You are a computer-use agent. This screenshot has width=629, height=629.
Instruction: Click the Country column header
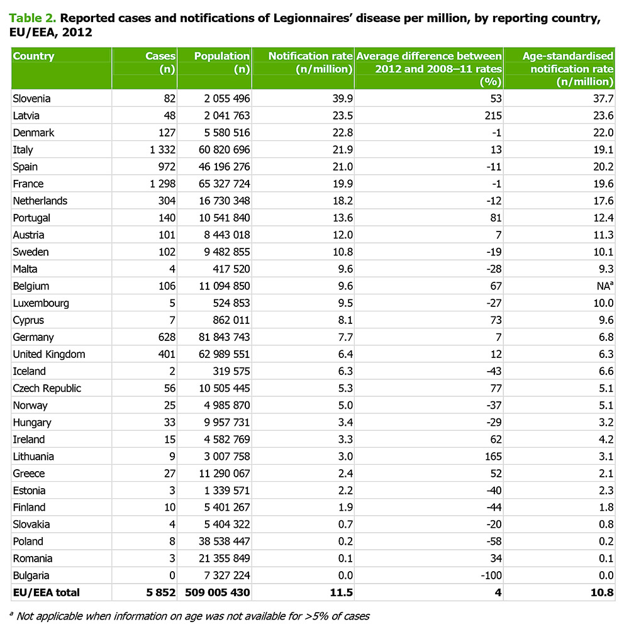coord(34,57)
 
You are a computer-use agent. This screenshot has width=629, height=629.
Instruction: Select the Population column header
coord(222,57)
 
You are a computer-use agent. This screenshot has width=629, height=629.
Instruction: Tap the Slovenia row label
coord(31,99)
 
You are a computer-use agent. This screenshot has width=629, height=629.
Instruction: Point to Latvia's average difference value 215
coord(492,116)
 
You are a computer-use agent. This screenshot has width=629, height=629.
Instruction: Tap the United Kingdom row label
coord(48,354)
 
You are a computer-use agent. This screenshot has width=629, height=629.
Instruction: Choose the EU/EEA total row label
coord(47,593)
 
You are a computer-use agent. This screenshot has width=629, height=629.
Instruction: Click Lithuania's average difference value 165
coord(492,457)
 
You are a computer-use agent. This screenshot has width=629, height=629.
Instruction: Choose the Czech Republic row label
coord(47,388)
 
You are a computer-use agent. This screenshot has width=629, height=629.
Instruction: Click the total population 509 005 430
coord(217,593)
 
